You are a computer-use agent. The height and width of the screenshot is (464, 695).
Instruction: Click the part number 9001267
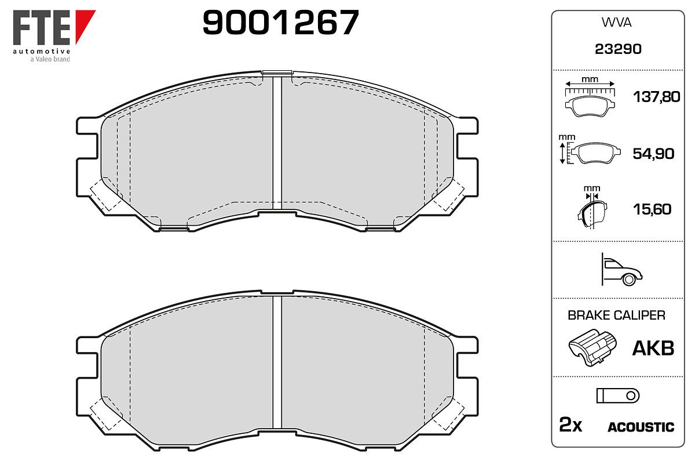(x=281, y=22)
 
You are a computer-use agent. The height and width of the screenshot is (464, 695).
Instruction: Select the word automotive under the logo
(x=41, y=51)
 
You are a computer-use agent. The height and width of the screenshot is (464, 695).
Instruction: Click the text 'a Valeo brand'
(x=50, y=59)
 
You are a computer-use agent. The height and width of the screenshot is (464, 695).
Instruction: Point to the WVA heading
(x=616, y=23)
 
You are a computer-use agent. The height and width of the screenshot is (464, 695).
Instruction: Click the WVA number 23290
(x=618, y=49)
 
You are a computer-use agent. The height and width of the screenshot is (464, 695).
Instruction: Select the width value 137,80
(x=657, y=97)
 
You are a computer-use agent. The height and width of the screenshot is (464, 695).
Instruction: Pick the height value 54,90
(x=653, y=154)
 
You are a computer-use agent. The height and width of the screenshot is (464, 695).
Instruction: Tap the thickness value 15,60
(x=652, y=209)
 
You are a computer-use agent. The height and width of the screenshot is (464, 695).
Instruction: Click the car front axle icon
(x=621, y=270)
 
